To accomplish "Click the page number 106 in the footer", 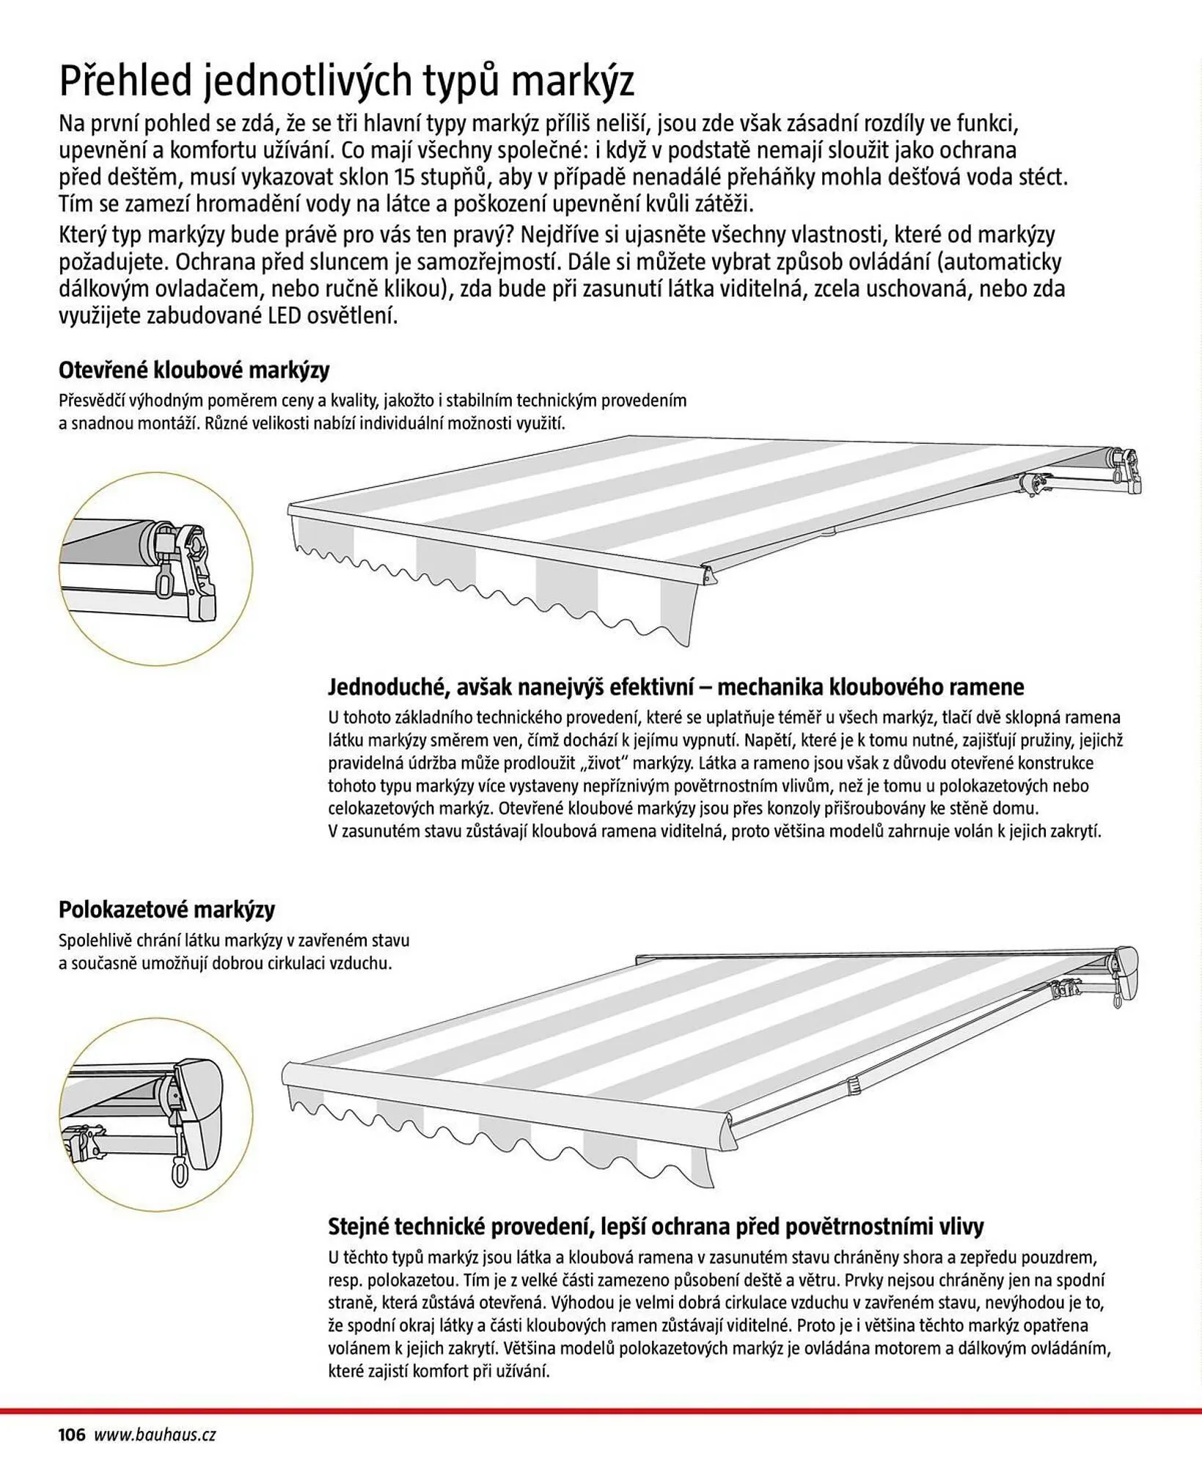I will (72, 1434).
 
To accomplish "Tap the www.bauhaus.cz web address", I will (155, 1435).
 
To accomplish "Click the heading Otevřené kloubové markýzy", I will (194, 370).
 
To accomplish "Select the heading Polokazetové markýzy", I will (166, 910).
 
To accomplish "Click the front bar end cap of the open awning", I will (708, 574).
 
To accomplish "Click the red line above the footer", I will (601, 1410).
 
